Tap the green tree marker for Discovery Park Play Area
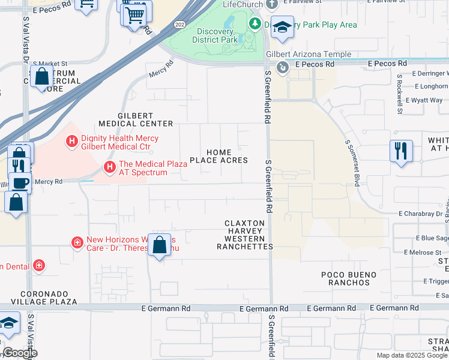click(x=256, y=23)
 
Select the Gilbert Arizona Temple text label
click(x=309, y=54)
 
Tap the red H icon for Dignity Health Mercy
click(x=72, y=142)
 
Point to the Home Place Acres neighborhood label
click(x=218, y=156)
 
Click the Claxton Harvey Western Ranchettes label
click(x=244, y=235)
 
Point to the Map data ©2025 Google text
click(x=412, y=355)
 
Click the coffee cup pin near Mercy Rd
click(x=20, y=182)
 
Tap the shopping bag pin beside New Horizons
click(x=159, y=245)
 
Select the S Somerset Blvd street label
click(x=354, y=163)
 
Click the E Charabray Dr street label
click(x=420, y=213)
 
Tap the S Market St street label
click(x=50, y=63)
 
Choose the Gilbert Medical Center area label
click(x=135, y=119)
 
